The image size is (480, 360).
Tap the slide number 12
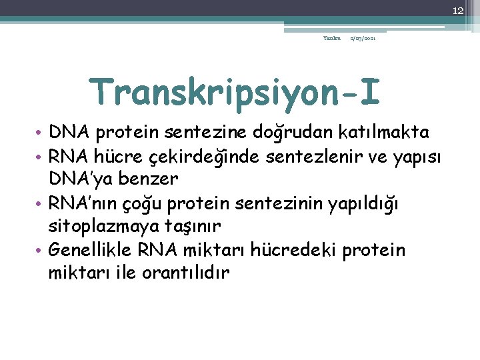(457, 10)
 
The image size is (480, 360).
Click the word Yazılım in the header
(332, 39)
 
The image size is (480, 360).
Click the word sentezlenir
(300, 157)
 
